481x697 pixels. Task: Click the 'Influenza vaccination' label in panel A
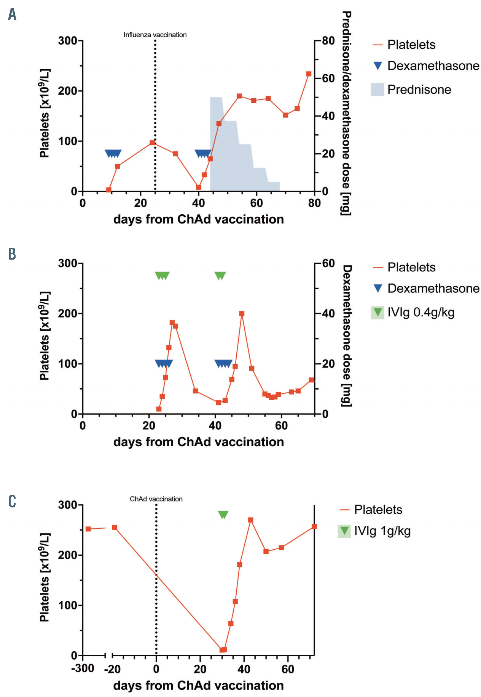coord(155,35)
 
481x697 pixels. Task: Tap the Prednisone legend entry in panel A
coord(419,89)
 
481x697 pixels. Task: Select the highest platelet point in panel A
coord(309,74)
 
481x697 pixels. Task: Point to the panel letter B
coord(12,254)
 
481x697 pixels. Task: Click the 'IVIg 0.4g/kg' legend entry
coord(420,313)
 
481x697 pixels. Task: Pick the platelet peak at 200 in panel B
coord(242,314)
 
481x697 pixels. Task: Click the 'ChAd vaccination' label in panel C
coord(156,499)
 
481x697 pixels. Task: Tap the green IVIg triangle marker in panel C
coord(223,515)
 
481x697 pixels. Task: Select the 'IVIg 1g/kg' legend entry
coord(382,531)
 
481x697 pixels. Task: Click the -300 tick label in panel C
coord(83,668)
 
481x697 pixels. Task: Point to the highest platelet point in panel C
coord(250,520)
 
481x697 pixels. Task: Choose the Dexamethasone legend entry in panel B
coord(433,288)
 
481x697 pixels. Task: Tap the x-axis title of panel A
coord(198,219)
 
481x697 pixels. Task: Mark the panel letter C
coord(12,501)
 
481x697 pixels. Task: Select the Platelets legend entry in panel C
coord(378,509)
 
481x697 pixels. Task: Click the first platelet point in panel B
coord(159,409)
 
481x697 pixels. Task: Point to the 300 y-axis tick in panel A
coord(68,40)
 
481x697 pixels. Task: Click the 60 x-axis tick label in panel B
coord(281,425)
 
